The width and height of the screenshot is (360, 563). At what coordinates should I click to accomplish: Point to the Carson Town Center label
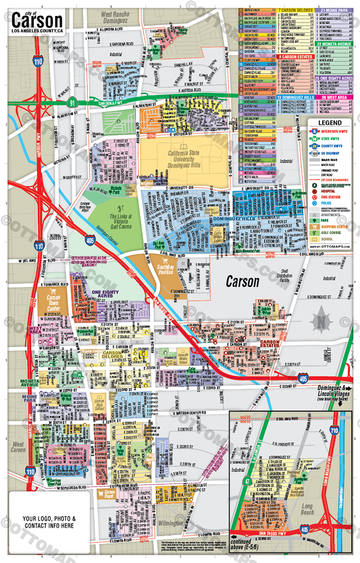click(x=53, y=300)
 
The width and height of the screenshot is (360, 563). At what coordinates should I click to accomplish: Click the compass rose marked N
click(x=321, y=322)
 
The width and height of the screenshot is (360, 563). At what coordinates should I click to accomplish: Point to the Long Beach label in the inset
click(x=306, y=509)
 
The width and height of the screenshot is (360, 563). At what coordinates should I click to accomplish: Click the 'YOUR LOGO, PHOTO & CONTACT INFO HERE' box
click(x=48, y=522)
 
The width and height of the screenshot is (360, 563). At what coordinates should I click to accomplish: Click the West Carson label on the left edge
click(x=18, y=447)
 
